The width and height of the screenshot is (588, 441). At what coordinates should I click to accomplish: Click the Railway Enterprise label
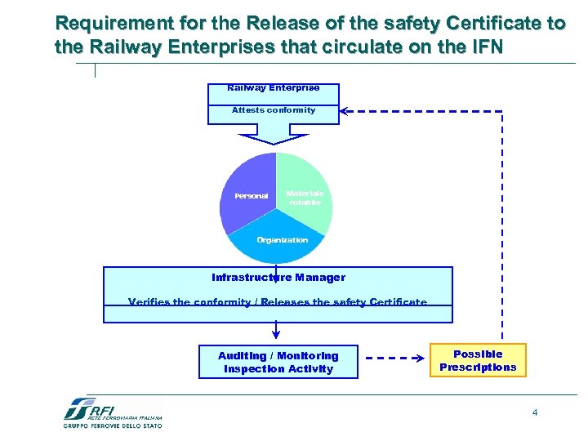274,87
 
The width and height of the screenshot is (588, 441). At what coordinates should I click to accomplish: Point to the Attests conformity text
274,110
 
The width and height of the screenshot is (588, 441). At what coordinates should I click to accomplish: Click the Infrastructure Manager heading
278,278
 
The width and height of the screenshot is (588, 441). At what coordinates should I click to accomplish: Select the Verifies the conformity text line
278,303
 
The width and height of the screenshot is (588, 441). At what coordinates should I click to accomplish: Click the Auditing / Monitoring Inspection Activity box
278,362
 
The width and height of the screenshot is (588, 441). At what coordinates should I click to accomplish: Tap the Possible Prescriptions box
479,360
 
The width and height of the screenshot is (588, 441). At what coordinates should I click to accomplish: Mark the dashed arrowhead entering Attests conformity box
345,110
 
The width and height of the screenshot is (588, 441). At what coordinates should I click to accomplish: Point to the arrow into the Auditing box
276,332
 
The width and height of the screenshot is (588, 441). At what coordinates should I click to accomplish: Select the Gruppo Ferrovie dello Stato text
113,425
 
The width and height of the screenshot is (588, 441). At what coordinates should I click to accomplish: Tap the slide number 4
535,412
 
